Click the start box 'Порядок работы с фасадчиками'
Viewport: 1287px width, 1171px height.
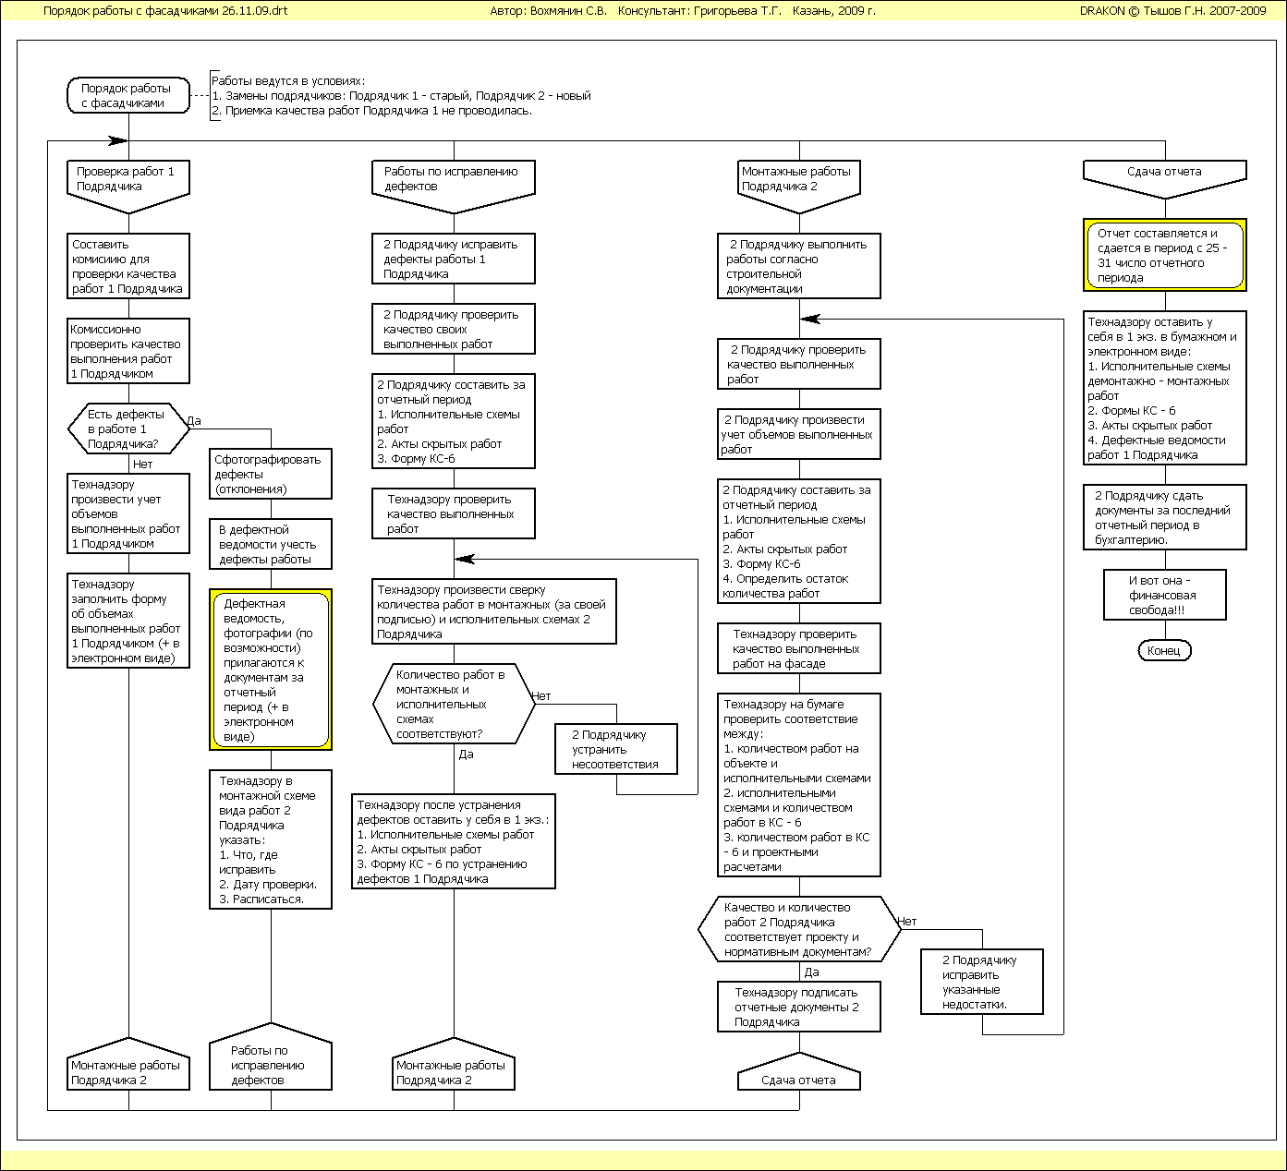[128, 96]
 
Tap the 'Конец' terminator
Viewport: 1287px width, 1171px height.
[1164, 651]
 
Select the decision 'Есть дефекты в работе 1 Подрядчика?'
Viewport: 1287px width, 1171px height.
[127, 429]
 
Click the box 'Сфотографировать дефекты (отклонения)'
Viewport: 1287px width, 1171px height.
[270, 475]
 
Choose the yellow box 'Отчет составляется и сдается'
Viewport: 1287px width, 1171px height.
[1164, 255]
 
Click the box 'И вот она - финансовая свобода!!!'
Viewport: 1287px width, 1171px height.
[1164, 596]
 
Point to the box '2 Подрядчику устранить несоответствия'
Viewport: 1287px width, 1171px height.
[616, 750]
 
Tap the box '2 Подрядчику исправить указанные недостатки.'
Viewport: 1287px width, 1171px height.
[981, 983]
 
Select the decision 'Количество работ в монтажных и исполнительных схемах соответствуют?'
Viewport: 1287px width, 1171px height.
[454, 705]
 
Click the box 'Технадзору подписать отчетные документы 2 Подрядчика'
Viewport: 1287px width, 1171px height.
[799, 1008]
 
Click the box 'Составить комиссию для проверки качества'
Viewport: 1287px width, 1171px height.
[128, 267]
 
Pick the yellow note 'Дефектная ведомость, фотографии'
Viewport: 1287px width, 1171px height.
[271, 670]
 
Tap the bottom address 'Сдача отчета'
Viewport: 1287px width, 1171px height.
[799, 1080]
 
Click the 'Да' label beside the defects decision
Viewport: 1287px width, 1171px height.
[194, 421]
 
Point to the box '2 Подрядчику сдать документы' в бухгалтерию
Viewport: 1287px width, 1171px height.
[1164, 518]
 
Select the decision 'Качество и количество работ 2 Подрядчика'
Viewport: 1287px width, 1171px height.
[799, 930]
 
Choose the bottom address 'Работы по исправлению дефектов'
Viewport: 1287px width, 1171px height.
[271, 1064]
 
